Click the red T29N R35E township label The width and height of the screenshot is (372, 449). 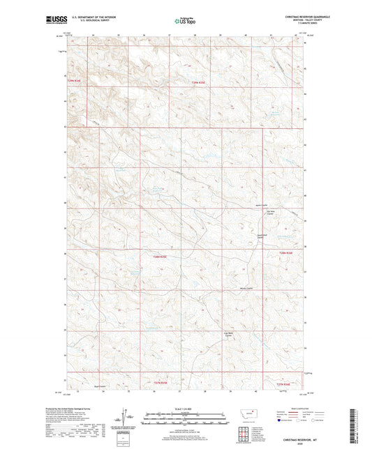tap(198, 83)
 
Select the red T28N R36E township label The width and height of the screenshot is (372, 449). tap(284, 252)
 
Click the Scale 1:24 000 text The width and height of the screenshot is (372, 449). tap(186, 408)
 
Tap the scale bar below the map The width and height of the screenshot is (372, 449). tap(186, 414)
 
